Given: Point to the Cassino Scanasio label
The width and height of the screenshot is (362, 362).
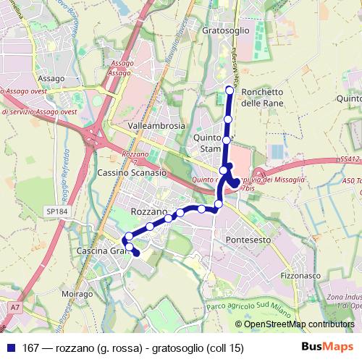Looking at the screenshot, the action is (x=132, y=174).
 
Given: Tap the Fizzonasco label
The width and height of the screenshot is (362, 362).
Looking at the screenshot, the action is (x=300, y=276).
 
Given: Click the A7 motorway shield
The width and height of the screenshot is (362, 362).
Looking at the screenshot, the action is (x=15, y=308).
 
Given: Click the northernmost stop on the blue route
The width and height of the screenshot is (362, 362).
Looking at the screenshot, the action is (x=230, y=90).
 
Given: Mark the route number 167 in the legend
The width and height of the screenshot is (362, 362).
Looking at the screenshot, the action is (x=32, y=348).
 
